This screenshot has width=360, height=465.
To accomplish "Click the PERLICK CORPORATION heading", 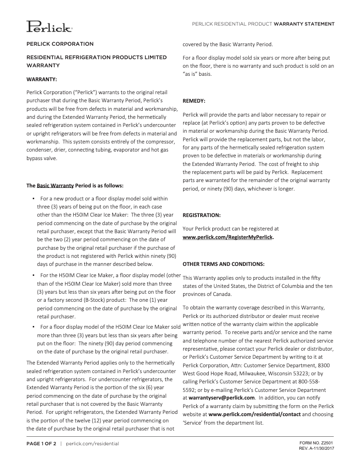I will point(60,44).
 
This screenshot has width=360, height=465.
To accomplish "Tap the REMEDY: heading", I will point(194,101).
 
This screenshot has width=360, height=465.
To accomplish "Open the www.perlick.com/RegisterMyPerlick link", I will point(228,237).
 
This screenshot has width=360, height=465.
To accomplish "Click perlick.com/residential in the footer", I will point(92,443).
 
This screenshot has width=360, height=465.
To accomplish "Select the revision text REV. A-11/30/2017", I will point(316,448).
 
